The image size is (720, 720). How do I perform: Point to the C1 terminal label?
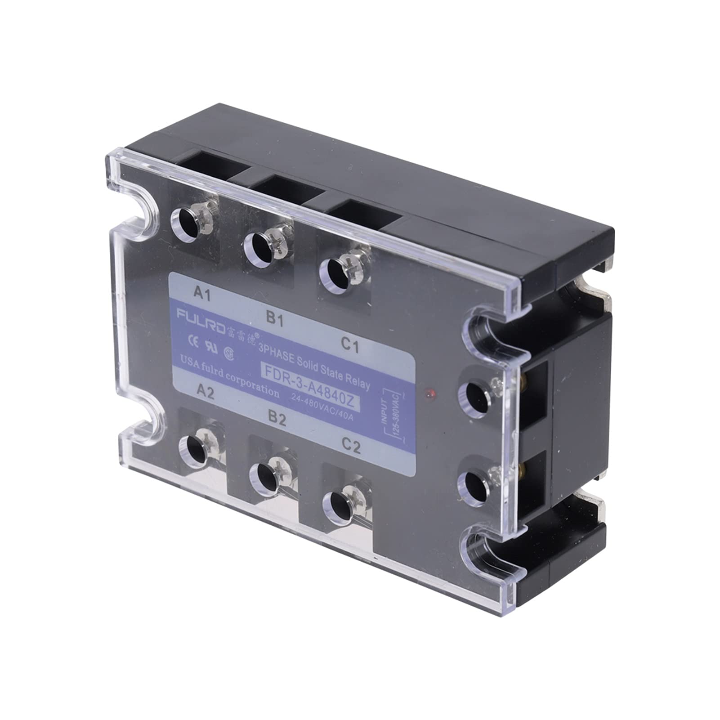click(349, 345)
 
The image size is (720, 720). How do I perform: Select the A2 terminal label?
click(205, 392)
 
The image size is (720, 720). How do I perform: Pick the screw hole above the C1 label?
click(335, 272)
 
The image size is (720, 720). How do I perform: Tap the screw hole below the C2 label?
click(340, 505)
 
